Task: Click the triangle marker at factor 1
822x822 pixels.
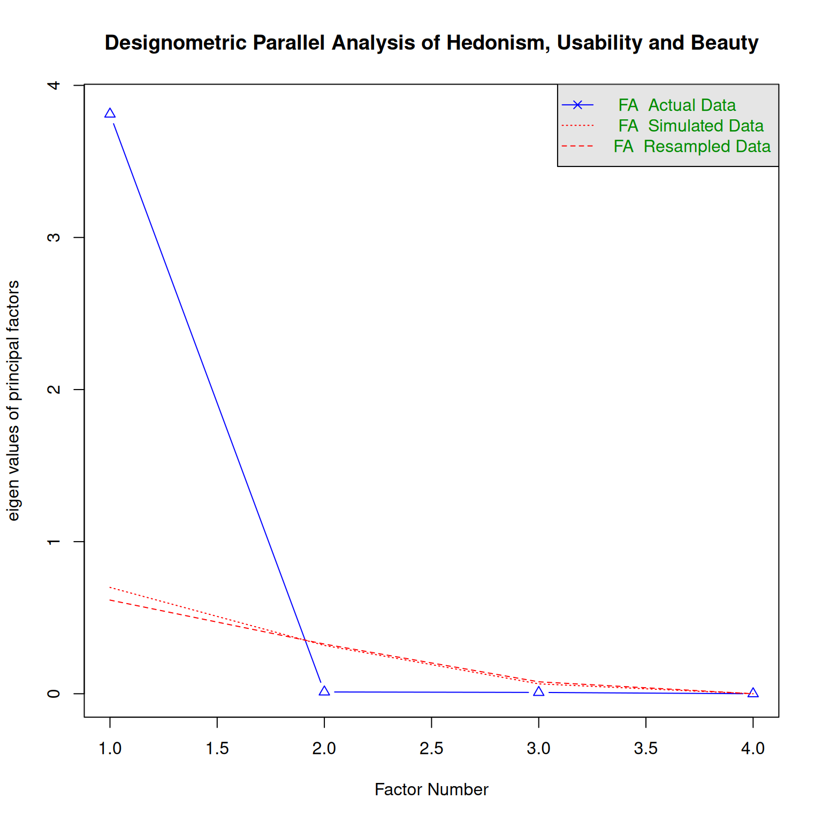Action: [110, 113]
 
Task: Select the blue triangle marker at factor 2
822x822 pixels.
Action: [324, 691]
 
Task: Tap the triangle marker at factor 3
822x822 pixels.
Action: [539, 692]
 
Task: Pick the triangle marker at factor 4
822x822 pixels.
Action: [753, 693]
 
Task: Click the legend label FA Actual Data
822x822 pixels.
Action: [677, 105]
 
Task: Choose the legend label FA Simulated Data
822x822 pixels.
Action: [690, 126]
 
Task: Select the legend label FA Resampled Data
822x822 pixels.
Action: [691, 147]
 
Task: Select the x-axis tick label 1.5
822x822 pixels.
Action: [217, 748]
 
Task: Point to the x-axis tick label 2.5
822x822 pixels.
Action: [431, 748]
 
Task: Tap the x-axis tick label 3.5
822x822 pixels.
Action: [646, 748]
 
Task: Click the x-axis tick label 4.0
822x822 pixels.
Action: [753, 748]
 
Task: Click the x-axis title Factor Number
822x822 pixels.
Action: [431, 789]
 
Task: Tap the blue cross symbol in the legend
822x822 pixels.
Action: [577, 105]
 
